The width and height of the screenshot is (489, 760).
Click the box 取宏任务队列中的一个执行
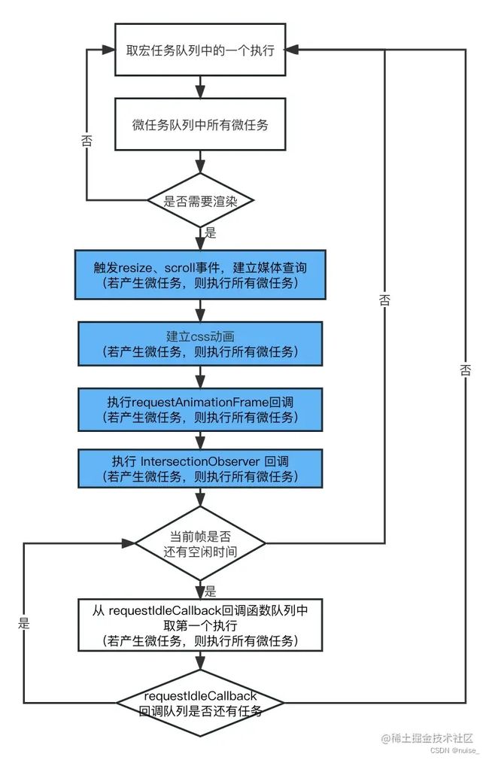(199, 50)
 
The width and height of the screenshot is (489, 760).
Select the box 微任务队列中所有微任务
(199, 125)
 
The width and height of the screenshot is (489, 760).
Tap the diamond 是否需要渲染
(199, 200)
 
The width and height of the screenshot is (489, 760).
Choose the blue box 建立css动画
(199, 344)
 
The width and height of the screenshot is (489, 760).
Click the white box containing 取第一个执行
(199, 625)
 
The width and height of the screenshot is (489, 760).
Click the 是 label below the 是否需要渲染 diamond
(211, 233)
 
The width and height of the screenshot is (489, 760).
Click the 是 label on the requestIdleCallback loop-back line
(23, 623)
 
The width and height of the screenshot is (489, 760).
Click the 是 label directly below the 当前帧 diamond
(211, 591)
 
